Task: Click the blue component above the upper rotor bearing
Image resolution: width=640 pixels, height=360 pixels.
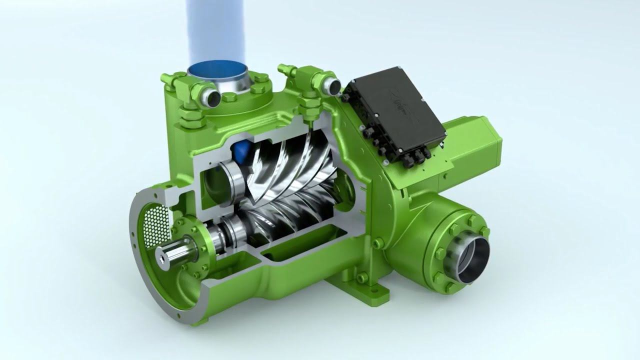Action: (241, 150)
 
